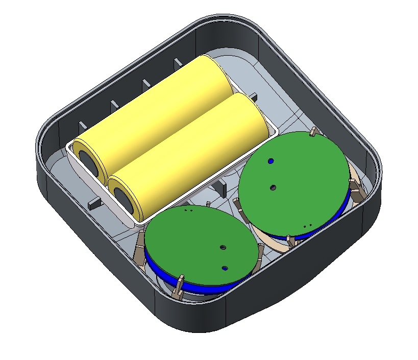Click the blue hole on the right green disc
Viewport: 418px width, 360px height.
click(271, 161)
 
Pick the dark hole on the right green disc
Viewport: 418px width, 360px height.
click(273, 188)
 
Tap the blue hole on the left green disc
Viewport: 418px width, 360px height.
click(225, 268)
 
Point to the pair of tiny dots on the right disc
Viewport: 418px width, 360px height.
click(307, 225)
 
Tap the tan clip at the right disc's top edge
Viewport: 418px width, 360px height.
click(313, 133)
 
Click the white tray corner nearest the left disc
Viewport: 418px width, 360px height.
click(137, 223)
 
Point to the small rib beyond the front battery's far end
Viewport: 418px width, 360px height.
click(253, 96)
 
